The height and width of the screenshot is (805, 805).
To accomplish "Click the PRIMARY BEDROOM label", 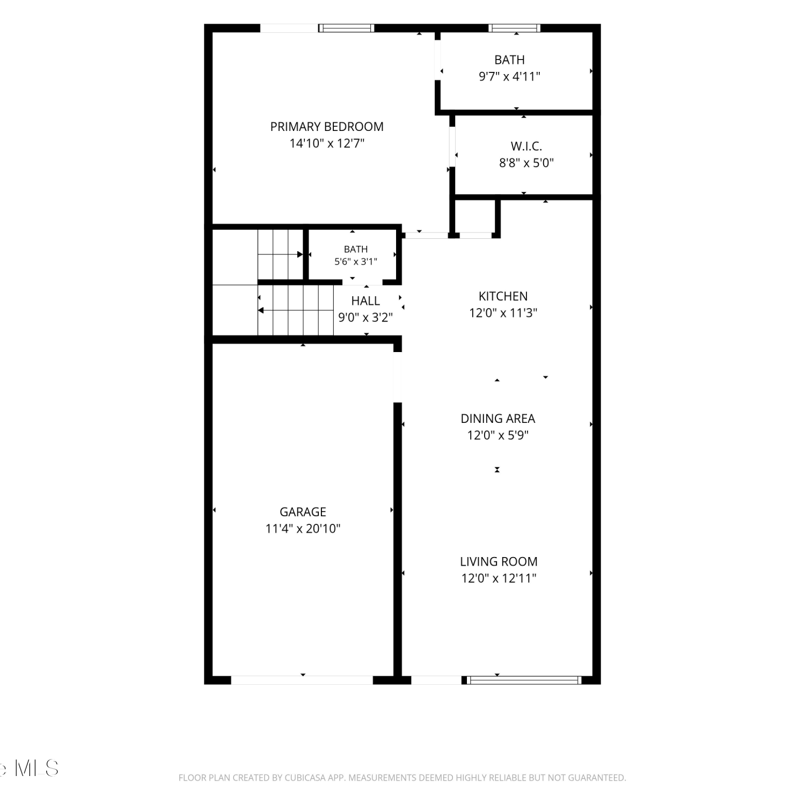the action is click(327, 127).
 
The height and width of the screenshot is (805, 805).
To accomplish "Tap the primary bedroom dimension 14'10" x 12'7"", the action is click(327, 143).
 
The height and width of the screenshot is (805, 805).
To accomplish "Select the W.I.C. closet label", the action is click(526, 146).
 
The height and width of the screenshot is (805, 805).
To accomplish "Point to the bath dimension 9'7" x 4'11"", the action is click(509, 76).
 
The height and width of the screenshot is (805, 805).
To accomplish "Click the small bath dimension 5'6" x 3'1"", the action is click(356, 261).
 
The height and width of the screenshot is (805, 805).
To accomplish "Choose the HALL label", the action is click(365, 301).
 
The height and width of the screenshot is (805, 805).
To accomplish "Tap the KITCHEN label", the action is click(503, 296).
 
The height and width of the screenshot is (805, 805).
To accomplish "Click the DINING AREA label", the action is click(498, 419).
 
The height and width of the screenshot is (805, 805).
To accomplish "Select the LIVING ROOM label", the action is click(499, 561).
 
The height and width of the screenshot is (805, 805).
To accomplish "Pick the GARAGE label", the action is click(303, 512).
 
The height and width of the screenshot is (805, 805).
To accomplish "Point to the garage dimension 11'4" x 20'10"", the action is click(303, 529).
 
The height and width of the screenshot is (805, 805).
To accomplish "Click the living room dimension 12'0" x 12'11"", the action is click(499, 578).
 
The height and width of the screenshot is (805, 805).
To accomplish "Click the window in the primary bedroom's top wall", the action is click(346, 28).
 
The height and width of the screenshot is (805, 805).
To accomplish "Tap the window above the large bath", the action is click(514, 28).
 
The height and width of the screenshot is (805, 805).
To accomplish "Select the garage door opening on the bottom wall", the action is click(302, 680).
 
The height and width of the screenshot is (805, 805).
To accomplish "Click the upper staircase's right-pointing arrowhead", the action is click(300, 254).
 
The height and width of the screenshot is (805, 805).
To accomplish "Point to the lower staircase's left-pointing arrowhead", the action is click(261, 310).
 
